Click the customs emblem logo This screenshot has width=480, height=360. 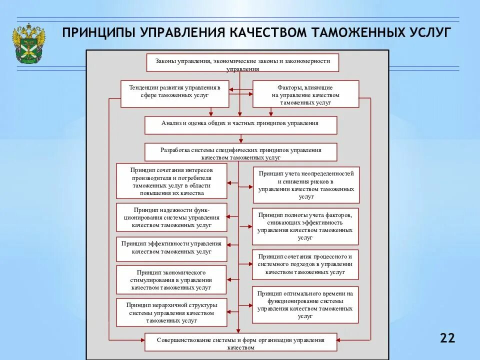point(29,43)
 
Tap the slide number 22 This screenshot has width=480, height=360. point(447,338)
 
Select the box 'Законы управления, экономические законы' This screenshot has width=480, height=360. point(242,62)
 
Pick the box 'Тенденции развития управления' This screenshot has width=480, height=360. point(175,93)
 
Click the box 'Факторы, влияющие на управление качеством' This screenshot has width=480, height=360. point(305,94)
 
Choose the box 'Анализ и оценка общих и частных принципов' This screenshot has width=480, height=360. point(241,125)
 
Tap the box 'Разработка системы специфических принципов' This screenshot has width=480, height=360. point(241,152)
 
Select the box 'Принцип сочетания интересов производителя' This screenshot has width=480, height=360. point(171,181)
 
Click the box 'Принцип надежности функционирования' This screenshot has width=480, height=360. point(171,217)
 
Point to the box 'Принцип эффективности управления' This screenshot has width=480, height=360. point(171,248)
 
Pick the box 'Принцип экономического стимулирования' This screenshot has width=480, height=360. point(171,280)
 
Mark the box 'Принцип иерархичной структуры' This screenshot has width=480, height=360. point(171,312)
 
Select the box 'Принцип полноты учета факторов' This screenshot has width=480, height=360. point(305,225)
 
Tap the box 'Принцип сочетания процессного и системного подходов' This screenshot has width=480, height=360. point(305,264)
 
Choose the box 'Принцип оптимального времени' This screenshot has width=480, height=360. point(305,305)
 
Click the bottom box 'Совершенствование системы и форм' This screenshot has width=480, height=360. point(241,342)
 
